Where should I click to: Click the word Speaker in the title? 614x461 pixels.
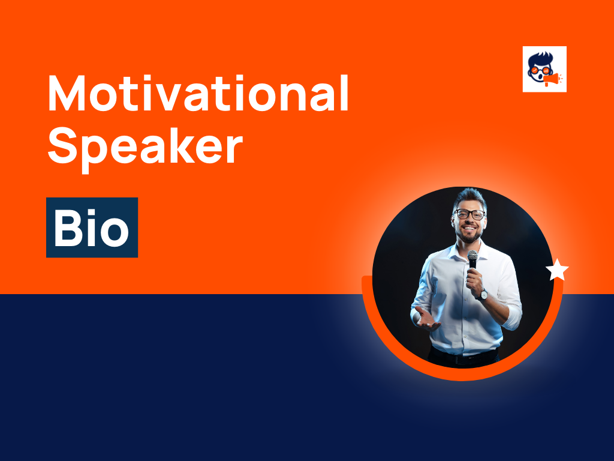(x=145, y=148)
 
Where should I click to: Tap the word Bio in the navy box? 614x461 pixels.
(x=92, y=228)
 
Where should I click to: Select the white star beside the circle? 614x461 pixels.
(x=557, y=271)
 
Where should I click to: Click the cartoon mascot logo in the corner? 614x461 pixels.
(x=544, y=69)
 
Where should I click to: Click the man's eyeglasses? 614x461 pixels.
(x=469, y=214)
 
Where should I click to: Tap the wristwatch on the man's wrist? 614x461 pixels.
(x=482, y=294)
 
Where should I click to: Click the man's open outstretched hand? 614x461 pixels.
(x=427, y=319)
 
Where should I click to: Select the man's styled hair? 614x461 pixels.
(x=469, y=197)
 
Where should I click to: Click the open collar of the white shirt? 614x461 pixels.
(x=462, y=251)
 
